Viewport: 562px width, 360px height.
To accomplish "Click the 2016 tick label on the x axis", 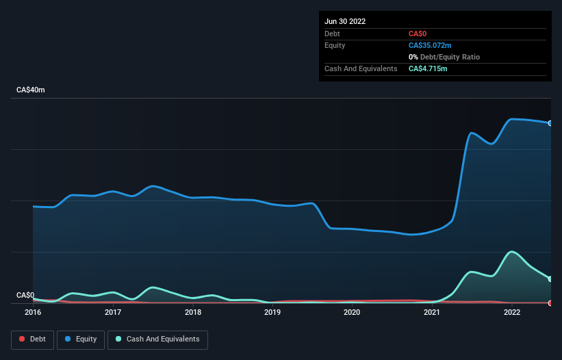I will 33,313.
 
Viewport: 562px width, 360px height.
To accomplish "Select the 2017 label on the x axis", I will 113,313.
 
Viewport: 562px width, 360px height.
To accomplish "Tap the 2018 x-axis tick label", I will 193,313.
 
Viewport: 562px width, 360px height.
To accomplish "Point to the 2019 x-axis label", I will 272,313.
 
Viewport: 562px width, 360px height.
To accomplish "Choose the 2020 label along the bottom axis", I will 352,313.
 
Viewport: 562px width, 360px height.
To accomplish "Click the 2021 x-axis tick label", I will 432,313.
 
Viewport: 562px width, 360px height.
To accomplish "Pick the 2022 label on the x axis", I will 512,313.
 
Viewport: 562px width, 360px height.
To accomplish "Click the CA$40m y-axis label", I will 30,90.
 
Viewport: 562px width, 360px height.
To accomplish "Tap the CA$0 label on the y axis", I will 25,296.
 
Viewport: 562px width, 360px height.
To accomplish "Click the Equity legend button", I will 81,339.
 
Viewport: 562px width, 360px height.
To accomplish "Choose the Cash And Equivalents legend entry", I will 157,339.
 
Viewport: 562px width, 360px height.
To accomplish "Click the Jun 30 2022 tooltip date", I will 345,21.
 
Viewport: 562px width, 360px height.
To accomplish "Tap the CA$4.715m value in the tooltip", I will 428,68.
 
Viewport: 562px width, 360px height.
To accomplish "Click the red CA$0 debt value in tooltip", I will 418,34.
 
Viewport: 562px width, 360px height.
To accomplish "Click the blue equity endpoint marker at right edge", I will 550,123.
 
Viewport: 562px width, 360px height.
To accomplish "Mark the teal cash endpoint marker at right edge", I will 550,279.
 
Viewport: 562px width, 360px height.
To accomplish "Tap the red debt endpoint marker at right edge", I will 550,303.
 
